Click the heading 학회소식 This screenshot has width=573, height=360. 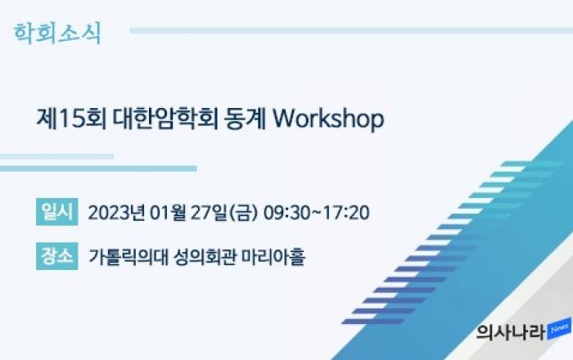[x=57, y=34]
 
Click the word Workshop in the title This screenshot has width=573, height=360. [x=328, y=119]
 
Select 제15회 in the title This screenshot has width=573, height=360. [x=72, y=119]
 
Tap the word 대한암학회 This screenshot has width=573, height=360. [x=165, y=119]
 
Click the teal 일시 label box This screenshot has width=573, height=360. [x=57, y=212]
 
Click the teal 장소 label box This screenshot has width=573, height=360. [x=57, y=256]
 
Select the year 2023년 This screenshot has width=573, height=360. [x=116, y=213]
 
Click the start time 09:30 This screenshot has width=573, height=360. [x=286, y=213]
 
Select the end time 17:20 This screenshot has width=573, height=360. [x=346, y=213]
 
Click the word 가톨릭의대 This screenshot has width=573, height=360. [x=129, y=257]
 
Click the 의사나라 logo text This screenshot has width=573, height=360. [x=512, y=332]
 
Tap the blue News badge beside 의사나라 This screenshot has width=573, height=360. [x=559, y=329]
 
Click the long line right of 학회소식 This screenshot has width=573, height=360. [x=351, y=30]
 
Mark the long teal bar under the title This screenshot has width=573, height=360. [x=98, y=169]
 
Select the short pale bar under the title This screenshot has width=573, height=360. [x=56, y=156]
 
